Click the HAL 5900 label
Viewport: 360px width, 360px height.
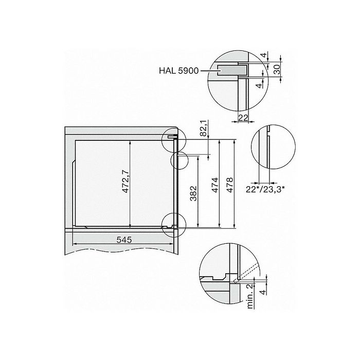pos(178,70)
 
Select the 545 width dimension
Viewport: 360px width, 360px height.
pos(124,240)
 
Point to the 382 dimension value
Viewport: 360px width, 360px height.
pos(193,193)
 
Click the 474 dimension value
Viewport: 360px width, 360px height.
pos(215,185)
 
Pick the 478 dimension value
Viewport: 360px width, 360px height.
pos(229,185)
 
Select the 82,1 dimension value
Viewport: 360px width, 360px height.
pos(204,128)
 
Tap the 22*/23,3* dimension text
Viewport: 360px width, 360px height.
pos(265,189)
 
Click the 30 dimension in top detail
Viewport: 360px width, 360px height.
pos(277,69)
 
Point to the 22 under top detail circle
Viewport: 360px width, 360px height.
pos(243,118)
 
